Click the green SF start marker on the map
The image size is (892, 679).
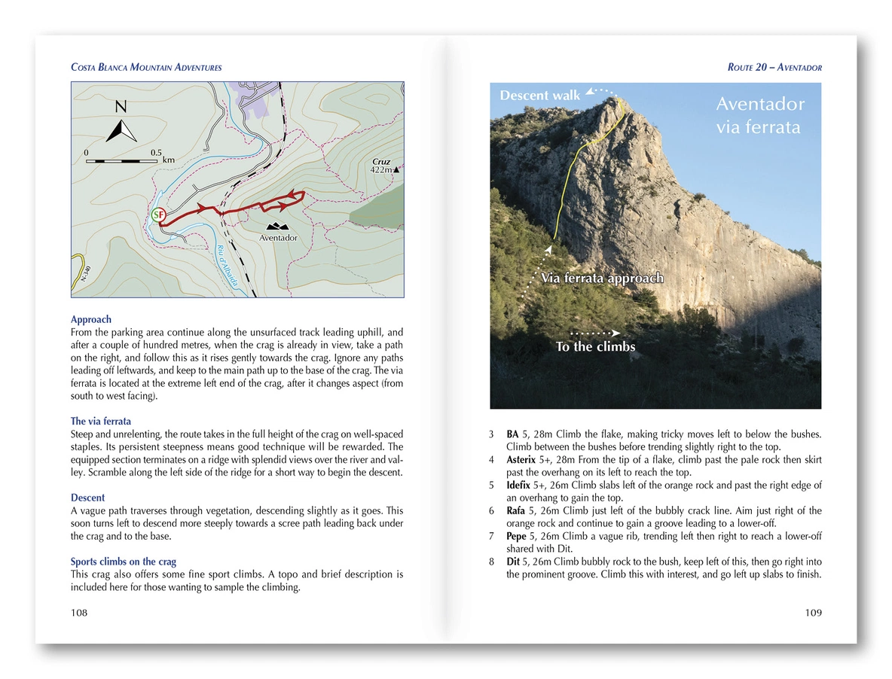(x=158, y=215)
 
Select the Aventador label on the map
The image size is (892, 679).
(x=278, y=238)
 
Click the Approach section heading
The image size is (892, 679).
(x=91, y=319)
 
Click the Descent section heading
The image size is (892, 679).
(x=87, y=498)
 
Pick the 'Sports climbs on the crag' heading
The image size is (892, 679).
(x=124, y=562)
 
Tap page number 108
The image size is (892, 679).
(x=79, y=613)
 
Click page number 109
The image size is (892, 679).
(x=813, y=613)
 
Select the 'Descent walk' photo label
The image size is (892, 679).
(x=540, y=96)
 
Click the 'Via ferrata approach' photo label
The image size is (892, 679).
(x=603, y=279)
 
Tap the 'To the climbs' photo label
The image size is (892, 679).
(x=595, y=347)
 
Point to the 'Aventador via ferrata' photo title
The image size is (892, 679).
(x=759, y=116)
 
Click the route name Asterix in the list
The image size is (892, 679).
(x=523, y=459)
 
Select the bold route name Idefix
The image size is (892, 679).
(x=521, y=485)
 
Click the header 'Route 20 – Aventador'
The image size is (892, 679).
(x=774, y=68)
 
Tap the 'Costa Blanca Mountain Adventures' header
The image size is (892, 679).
(x=146, y=68)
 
